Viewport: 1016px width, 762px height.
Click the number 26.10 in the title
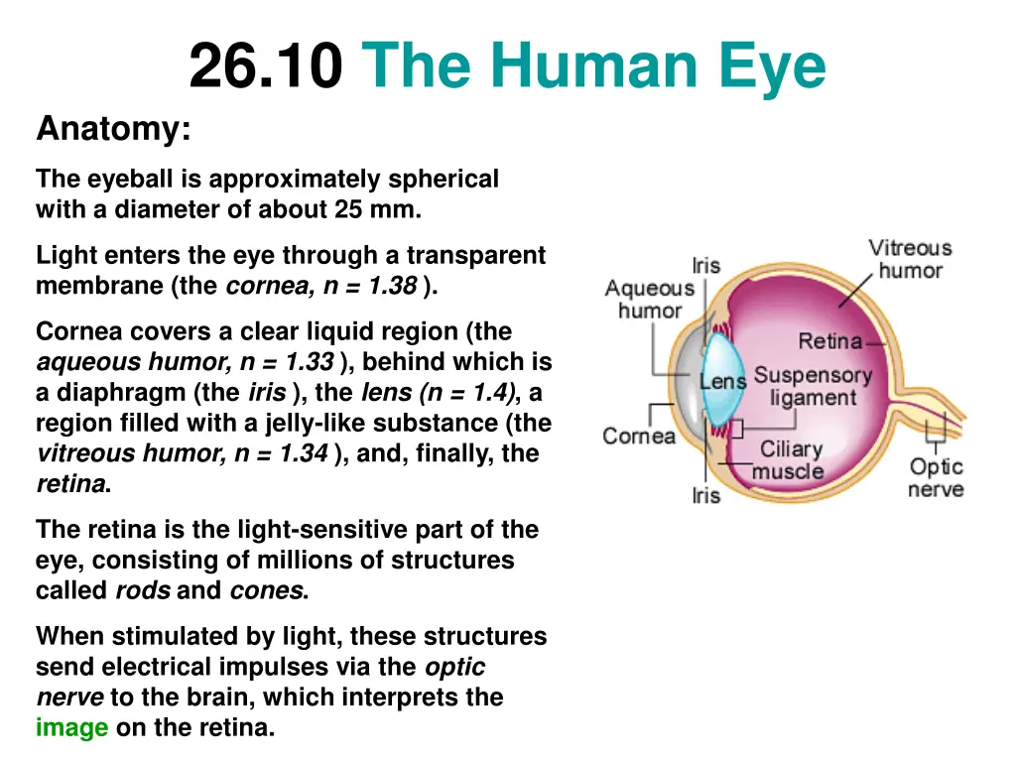[x=266, y=67]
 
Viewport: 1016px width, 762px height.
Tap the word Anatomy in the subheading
[x=112, y=129]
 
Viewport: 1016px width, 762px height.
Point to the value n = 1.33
[x=288, y=362]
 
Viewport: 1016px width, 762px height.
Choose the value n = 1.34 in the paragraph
[x=281, y=454]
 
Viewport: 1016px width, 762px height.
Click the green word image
[x=71, y=728]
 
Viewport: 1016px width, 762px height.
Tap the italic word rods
[x=143, y=591]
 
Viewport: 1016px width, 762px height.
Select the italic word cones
[x=266, y=591]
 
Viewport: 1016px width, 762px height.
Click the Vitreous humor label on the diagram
[x=910, y=258]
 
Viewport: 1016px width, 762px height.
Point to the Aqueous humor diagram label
[x=650, y=299]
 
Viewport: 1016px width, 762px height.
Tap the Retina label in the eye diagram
[x=830, y=341]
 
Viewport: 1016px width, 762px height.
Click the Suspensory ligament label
[x=813, y=387]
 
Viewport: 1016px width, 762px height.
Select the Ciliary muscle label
[x=790, y=460]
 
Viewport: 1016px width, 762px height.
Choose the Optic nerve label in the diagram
[x=936, y=477]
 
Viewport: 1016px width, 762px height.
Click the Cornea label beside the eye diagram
[x=639, y=436]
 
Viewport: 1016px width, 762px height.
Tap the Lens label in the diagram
[x=723, y=381]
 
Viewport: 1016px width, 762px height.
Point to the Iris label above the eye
[x=706, y=265]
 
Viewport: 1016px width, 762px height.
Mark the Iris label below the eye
[x=706, y=494]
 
